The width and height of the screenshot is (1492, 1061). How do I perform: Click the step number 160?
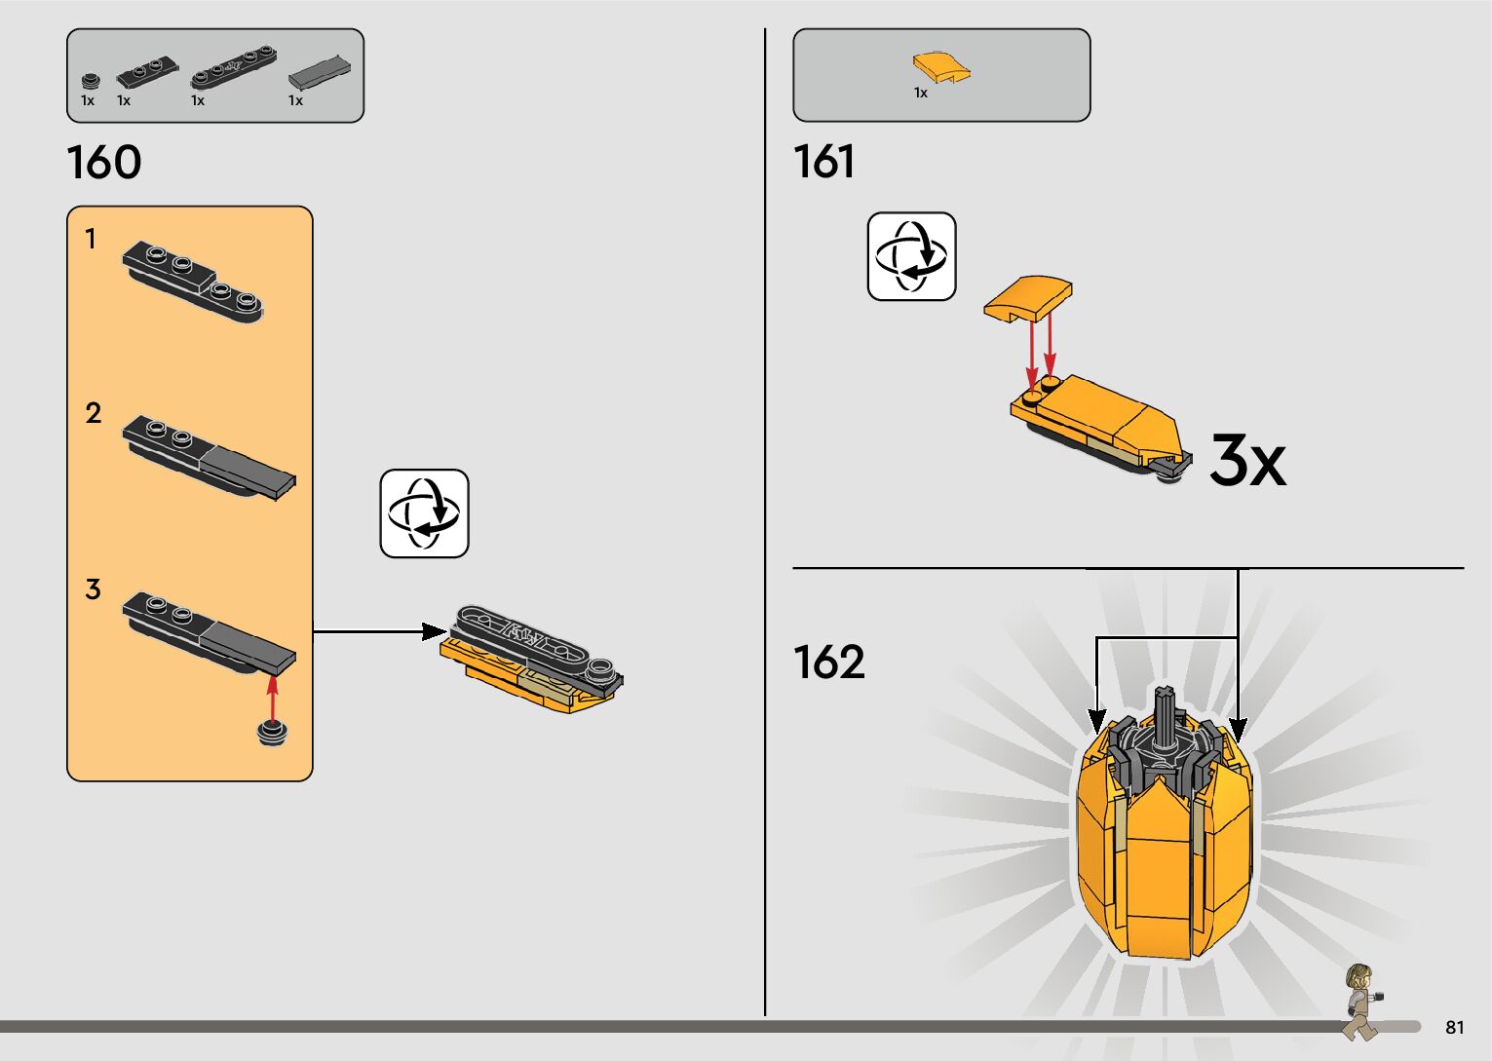(x=104, y=163)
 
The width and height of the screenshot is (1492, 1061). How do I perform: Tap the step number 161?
(x=824, y=162)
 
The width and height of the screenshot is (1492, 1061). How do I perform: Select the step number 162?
(x=829, y=663)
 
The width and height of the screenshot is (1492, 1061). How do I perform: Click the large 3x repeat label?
(x=1247, y=461)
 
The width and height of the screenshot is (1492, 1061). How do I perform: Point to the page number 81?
(x=1455, y=1027)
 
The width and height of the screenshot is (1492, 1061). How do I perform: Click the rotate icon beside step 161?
(x=911, y=256)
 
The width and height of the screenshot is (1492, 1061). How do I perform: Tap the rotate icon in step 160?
(x=424, y=513)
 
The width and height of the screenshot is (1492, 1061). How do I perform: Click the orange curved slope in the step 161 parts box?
(x=941, y=67)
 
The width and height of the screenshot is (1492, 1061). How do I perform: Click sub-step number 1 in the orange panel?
(x=91, y=239)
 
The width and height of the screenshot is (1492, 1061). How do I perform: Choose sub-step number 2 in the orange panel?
(x=93, y=413)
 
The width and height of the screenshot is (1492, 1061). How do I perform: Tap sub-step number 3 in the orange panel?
(x=93, y=589)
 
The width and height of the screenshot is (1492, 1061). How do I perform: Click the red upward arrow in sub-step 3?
(x=272, y=694)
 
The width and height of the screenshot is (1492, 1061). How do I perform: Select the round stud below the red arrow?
(x=272, y=734)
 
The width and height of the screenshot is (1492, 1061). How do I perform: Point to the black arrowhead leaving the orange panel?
(x=434, y=631)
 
